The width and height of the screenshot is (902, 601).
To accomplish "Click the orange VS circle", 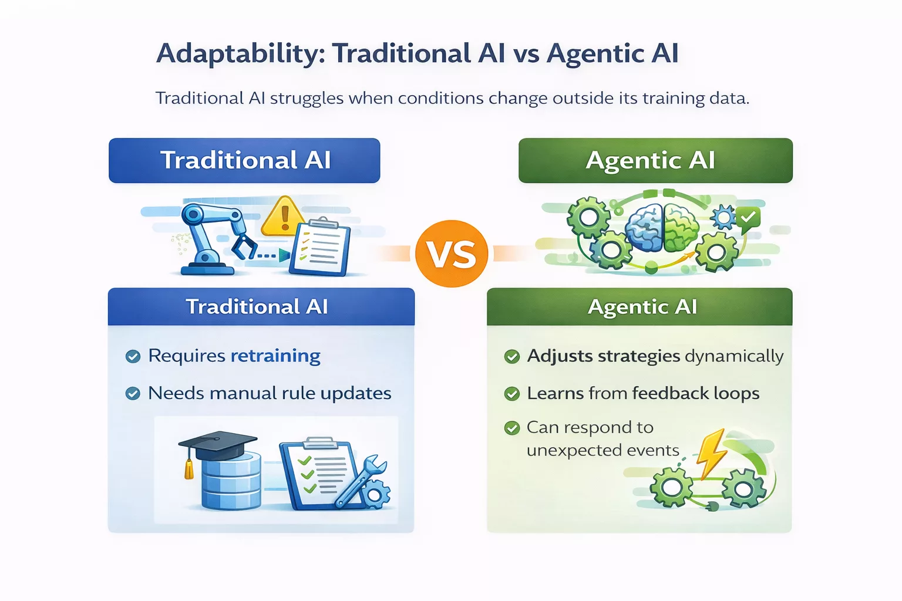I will coord(451,254).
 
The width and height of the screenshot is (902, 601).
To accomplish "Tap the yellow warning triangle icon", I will coord(284,217).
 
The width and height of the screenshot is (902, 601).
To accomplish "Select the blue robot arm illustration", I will coord(211,238).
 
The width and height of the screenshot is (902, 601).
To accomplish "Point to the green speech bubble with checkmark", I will coord(748,218).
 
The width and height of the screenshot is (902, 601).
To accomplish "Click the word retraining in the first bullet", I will coord(275,356).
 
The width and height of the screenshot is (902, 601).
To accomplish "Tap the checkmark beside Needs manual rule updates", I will coord(133,393).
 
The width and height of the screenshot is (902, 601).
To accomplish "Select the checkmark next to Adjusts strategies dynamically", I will coord(512,356).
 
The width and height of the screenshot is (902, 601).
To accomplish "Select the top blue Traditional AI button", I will coord(244,160).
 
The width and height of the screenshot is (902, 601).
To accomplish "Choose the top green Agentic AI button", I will coord(655,160).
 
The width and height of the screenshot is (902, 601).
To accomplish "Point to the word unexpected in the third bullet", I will coord(566,451).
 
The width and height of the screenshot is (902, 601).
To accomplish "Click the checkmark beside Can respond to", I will coord(512,428).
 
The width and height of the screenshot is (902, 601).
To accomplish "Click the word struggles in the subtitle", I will coord(307,98).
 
